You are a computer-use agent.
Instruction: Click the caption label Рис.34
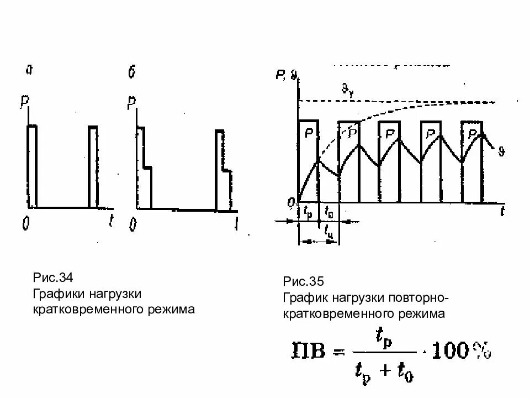pyautogui.click(x=52, y=276)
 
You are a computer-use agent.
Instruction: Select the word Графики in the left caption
pyautogui.click(x=57, y=293)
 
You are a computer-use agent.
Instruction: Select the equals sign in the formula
pyautogui.click(x=338, y=352)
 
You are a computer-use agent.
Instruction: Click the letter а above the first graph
pyautogui.click(x=29, y=70)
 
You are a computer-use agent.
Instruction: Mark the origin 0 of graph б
pyautogui.click(x=132, y=224)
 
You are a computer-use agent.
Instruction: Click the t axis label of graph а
pyautogui.click(x=112, y=222)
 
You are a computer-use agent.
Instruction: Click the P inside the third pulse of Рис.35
pyautogui.click(x=390, y=133)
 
